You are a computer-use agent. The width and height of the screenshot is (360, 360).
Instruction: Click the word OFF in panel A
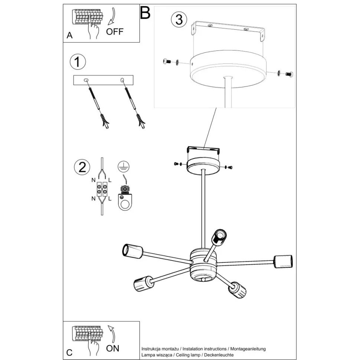tap(114, 31)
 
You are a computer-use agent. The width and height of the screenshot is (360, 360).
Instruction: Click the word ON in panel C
tap(113, 348)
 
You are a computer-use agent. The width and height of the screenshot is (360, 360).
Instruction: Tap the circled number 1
tap(77, 62)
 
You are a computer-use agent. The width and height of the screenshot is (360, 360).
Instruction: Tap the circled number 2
tap(82, 167)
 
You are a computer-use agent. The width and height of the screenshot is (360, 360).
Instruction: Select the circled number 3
tap(179, 19)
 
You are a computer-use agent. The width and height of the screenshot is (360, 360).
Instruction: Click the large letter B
tap(145, 13)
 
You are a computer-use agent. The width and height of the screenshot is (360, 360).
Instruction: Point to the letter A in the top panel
tap(69, 36)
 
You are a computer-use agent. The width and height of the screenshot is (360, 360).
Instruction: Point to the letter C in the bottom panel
tap(69, 352)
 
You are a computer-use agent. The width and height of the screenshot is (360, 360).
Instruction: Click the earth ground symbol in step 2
tap(122, 167)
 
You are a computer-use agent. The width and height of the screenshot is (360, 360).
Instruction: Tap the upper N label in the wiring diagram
tap(94, 180)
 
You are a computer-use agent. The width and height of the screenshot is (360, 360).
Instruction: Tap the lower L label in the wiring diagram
tap(110, 199)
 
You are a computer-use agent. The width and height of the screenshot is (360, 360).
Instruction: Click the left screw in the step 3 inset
tap(167, 62)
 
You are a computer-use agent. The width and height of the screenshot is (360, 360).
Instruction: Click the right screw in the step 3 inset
tap(288, 74)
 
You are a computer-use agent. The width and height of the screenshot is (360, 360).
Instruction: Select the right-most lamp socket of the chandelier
tap(283, 261)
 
